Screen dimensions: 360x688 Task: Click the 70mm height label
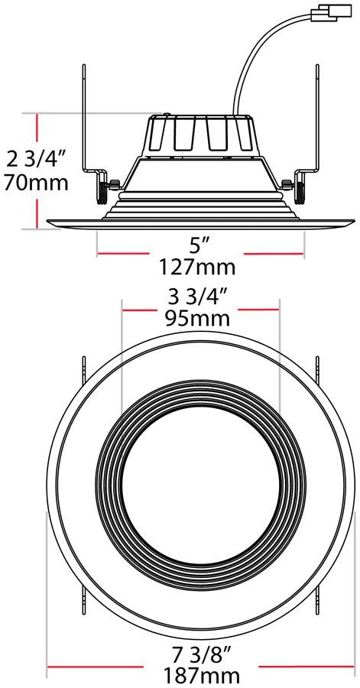click(36, 182)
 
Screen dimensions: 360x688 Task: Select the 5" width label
click(196, 247)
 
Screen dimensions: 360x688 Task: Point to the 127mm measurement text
click(197, 267)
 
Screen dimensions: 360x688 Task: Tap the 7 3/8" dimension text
click(202, 657)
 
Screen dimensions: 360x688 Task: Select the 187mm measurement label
click(202, 677)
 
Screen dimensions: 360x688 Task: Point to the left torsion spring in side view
click(102, 192)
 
